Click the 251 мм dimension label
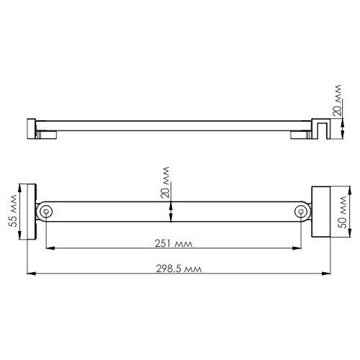pos(171,242)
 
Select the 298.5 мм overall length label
pos(178,267)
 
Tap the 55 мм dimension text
pos(12,211)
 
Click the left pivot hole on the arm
pos(46,212)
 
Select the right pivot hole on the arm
pos(301,212)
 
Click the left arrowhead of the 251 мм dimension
pos(48,248)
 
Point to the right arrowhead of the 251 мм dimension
pos(299,248)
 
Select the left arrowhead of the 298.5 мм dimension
pos(29,274)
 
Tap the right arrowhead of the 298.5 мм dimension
pos(328,274)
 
